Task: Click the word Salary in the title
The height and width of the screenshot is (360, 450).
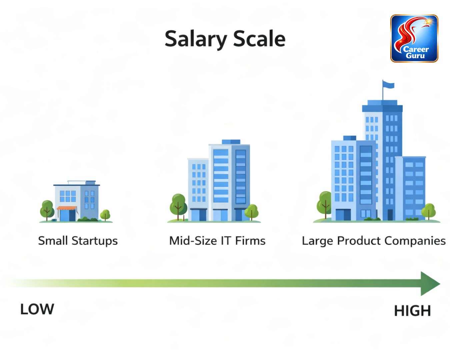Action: (x=195, y=39)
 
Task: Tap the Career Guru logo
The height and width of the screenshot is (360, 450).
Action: (x=414, y=38)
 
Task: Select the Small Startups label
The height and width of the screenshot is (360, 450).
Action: (x=78, y=241)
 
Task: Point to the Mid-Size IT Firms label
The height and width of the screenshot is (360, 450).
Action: (x=217, y=241)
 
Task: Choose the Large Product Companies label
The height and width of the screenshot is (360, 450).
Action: (x=373, y=241)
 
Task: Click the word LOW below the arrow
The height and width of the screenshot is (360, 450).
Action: (x=37, y=309)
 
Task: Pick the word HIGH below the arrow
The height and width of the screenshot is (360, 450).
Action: (x=412, y=311)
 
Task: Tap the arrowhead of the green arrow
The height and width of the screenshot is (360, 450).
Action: (x=430, y=284)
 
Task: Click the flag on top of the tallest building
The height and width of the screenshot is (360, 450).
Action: (x=388, y=85)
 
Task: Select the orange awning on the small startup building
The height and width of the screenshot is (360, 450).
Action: (x=67, y=208)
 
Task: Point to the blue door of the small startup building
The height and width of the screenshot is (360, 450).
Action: (x=72, y=215)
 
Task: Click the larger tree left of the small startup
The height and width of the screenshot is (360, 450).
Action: (x=47, y=208)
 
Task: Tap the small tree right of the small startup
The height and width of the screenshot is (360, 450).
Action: (x=105, y=214)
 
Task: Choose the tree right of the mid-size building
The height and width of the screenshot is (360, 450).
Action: (x=251, y=211)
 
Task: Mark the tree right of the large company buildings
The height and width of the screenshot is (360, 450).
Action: (x=428, y=210)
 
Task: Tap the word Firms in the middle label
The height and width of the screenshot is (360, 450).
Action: (x=250, y=241)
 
